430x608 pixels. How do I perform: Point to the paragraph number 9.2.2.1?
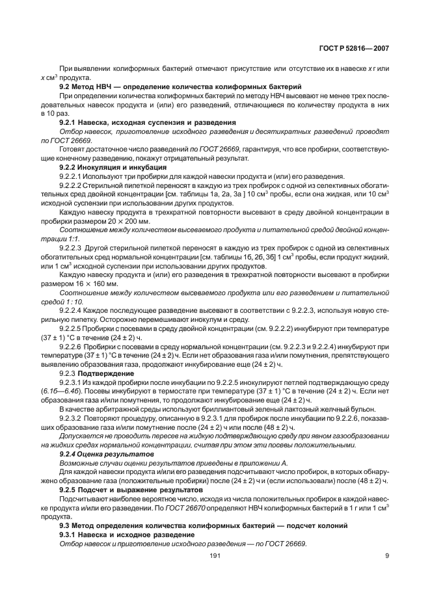tap(72, 177)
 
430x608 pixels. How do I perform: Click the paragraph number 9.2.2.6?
tap(72, 347)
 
